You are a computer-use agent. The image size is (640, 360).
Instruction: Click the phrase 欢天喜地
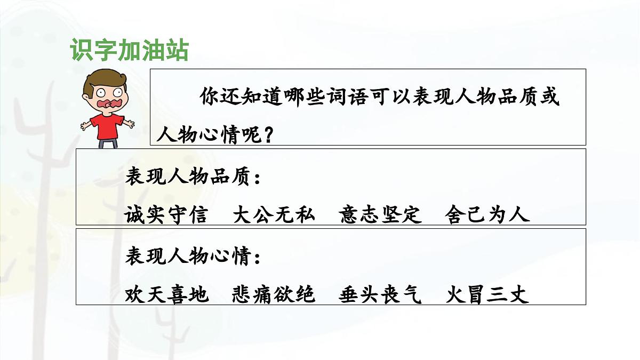click(166, 294)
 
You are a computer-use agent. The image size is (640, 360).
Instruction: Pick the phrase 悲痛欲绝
click(274, 294)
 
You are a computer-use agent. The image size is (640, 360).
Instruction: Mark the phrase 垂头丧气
click(380, 294)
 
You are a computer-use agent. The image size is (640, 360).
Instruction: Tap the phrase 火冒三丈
click(487, 294)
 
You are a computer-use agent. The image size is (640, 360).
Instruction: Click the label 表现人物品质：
click(193, 178)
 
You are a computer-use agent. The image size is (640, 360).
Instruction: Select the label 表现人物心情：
click(193, 258)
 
